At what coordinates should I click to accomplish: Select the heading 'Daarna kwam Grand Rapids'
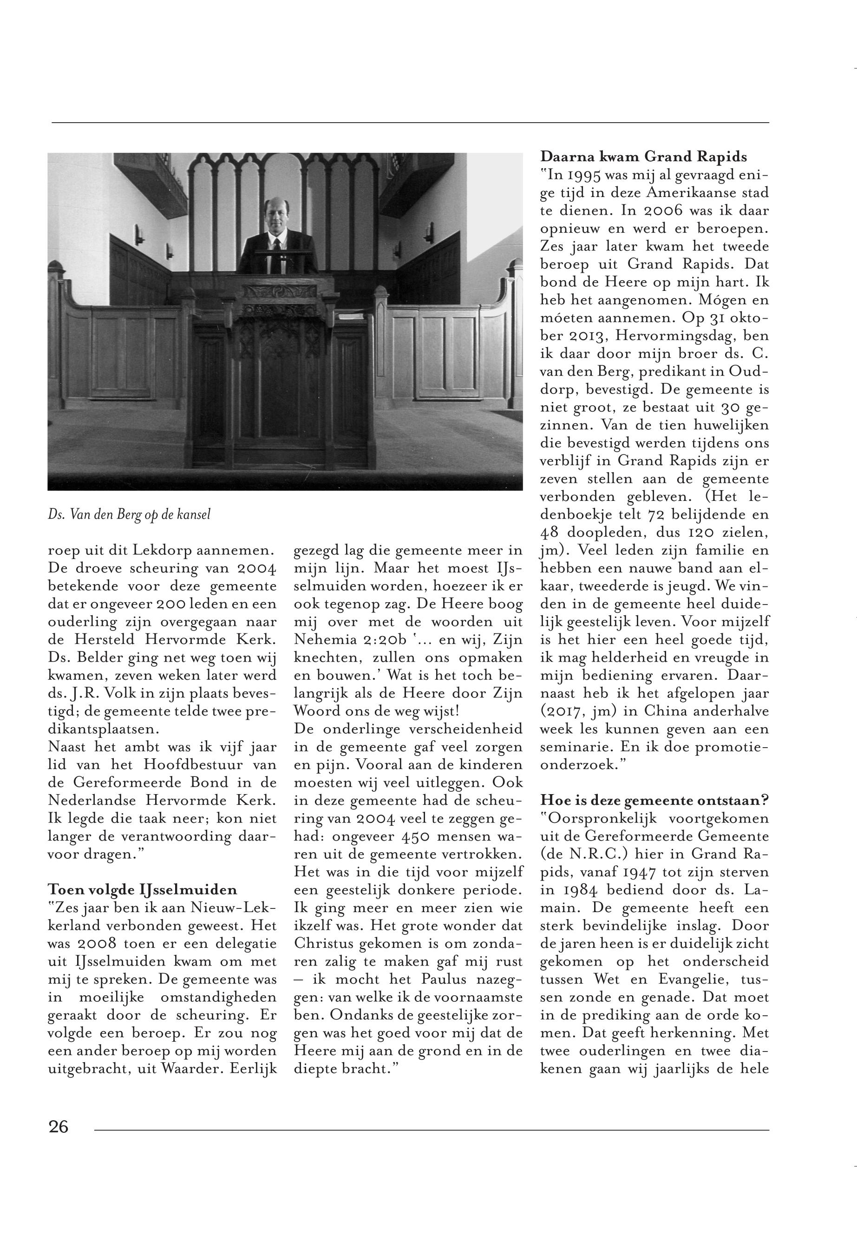click(643, 157)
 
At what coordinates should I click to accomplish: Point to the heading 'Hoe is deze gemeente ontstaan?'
click(654, 800)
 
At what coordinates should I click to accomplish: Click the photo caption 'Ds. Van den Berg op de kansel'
click(129, 514)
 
